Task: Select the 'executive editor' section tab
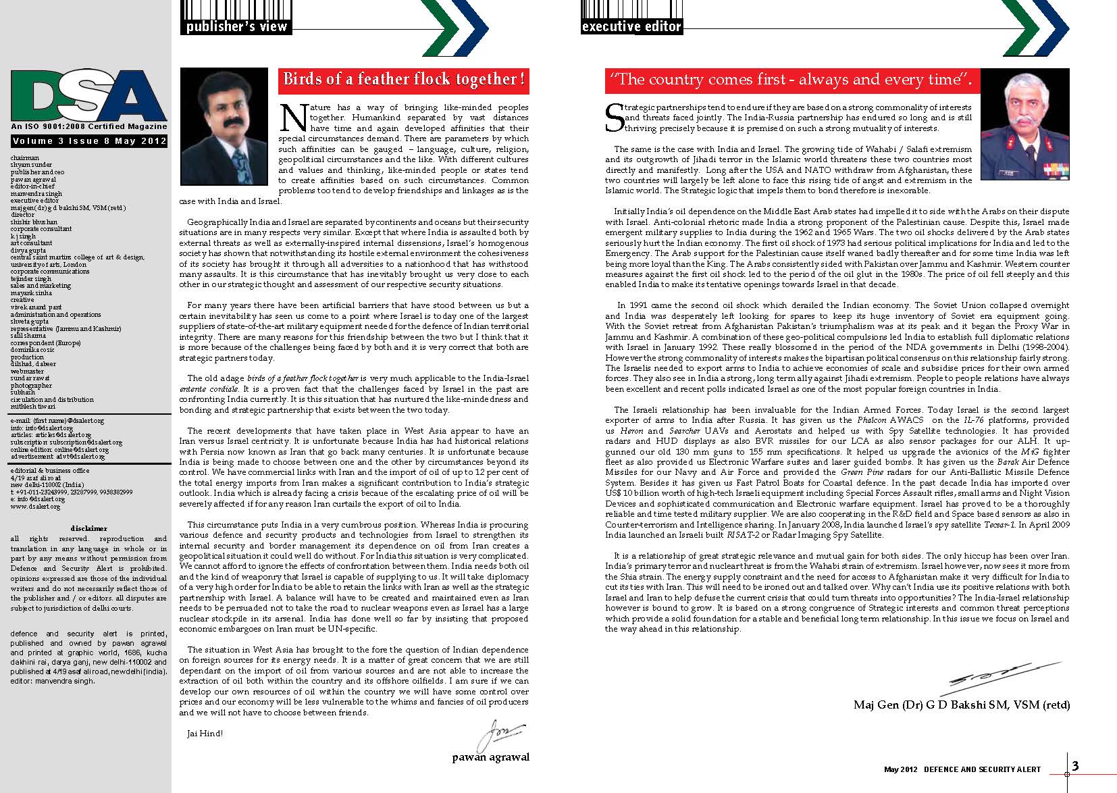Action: coord(631,26)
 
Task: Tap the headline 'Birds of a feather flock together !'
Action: coord(404,80)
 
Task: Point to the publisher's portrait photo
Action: coord(225,126)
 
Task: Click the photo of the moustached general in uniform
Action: coord(1024,126)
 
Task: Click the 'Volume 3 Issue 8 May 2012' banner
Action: coord(88,141)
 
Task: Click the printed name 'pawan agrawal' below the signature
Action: coord(490,757)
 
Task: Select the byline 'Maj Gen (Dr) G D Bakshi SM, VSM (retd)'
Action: coord(962,705)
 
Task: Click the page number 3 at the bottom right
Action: coord(1076,765)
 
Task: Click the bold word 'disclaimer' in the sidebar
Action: coord(88,528)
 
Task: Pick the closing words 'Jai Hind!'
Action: coord(205,733)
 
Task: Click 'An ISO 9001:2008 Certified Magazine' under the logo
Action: coord(88,126)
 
